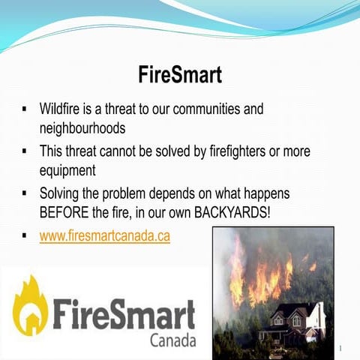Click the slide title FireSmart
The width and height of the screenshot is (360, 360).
180,75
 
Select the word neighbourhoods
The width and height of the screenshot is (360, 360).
82,128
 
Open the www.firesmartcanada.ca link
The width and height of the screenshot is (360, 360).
104,235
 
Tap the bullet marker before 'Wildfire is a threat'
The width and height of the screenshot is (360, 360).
25,109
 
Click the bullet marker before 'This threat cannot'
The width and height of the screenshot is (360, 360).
25,152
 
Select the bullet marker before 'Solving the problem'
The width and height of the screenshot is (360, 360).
25,194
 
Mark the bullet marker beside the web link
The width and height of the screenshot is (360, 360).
25,236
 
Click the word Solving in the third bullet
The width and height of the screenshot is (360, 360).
63,193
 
